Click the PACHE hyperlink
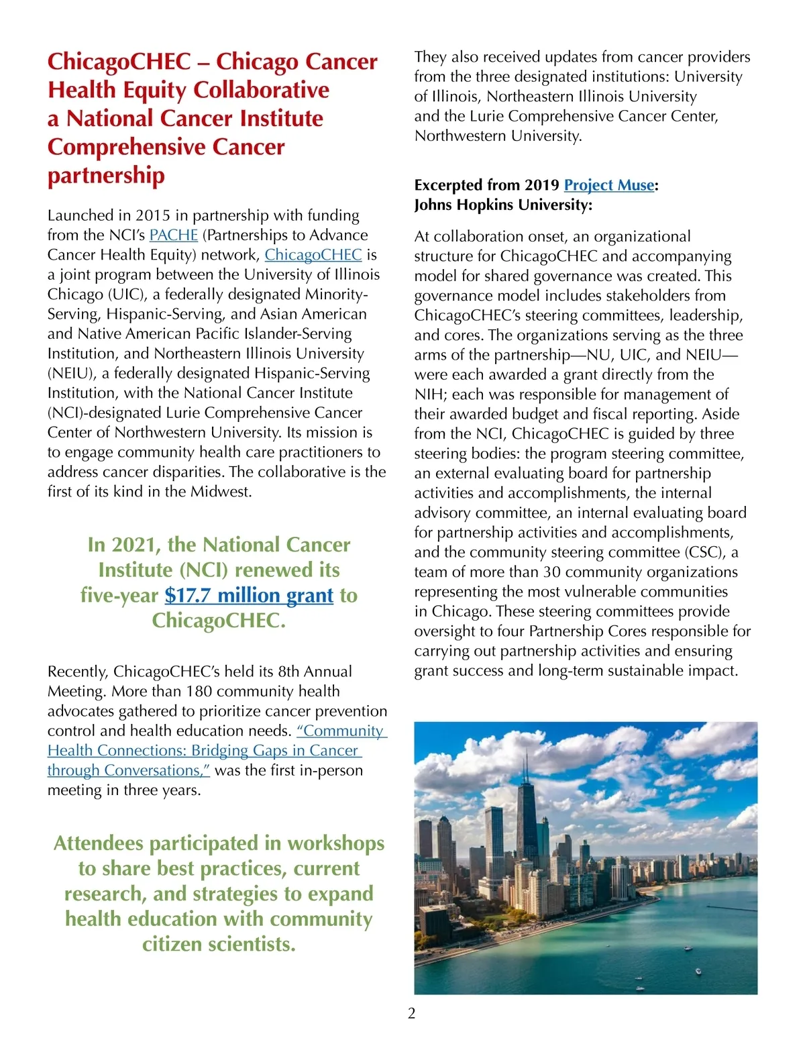(173, 235)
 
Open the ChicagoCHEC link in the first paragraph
(313, 255)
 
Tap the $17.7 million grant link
(249, 595)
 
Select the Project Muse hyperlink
(609, 185)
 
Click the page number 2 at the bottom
(412, 1013)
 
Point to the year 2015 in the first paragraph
(153, 215)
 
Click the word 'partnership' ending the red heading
(106, 175)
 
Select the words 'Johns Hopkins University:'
(503, 205)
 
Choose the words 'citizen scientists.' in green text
(219, 944)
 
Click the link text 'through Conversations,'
(129, 770)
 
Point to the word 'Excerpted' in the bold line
(448, 185)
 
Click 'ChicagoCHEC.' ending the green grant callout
(219, 621)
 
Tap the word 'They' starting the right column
(430, 57)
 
